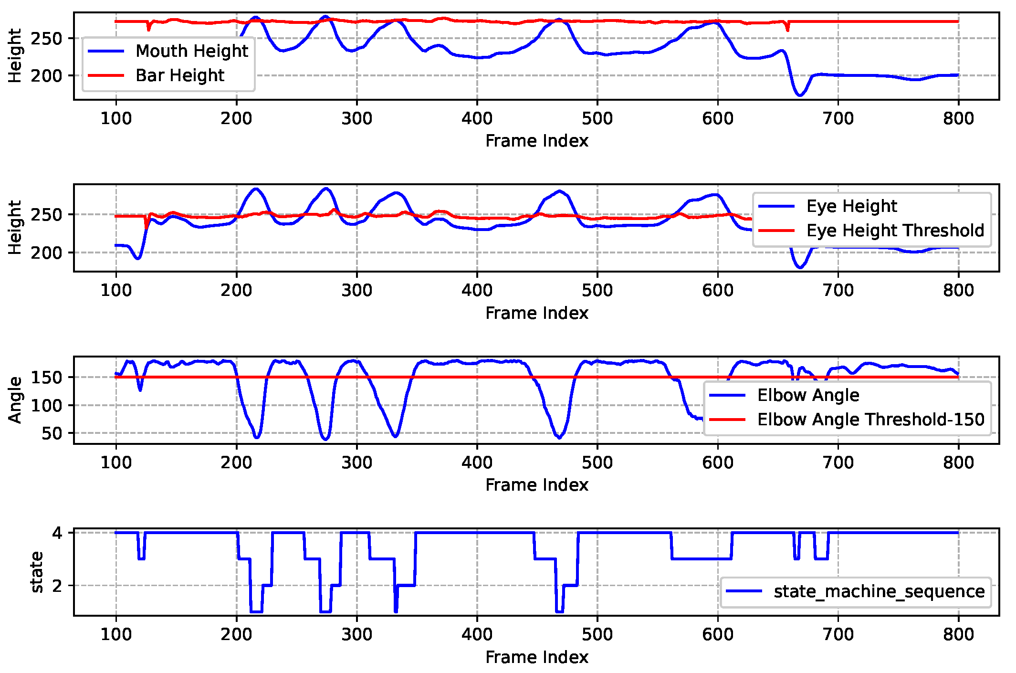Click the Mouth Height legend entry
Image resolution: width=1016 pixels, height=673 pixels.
click(x=191, y=51)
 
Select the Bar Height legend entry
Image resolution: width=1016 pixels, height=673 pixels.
click(x=179, y=75)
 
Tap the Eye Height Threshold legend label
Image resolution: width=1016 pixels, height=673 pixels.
click(x=895, y=231)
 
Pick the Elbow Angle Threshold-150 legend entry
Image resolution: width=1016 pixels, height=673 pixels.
click(x=870, y=420)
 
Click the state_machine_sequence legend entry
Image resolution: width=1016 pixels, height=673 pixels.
click(x=879, y=591)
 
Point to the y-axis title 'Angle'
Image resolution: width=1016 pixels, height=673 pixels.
click(x=15, y=400)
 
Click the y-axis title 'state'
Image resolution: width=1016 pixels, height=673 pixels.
click(x=36, y=572)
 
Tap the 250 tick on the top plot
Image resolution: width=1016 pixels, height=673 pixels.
click(x=46, y=38)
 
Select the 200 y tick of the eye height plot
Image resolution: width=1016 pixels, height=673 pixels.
click(x=46, y=252)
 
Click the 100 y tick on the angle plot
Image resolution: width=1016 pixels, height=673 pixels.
click(x=46, y=405)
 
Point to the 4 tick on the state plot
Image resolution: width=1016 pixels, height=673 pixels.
click(x=57, y=533)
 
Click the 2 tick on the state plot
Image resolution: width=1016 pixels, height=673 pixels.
click(x=57, y=586)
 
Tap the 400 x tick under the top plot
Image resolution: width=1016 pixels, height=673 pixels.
click(x=477, y=118)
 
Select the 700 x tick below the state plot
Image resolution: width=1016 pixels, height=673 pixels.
click(x=838, y=634)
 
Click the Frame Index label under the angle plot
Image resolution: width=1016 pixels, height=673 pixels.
click(x=536, y=485)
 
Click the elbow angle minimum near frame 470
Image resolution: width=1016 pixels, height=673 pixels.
click(x=559, y=437)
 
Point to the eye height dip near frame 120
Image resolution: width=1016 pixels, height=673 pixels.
click(x=138, y=258)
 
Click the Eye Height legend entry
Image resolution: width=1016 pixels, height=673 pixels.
click(x=851, y=206)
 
